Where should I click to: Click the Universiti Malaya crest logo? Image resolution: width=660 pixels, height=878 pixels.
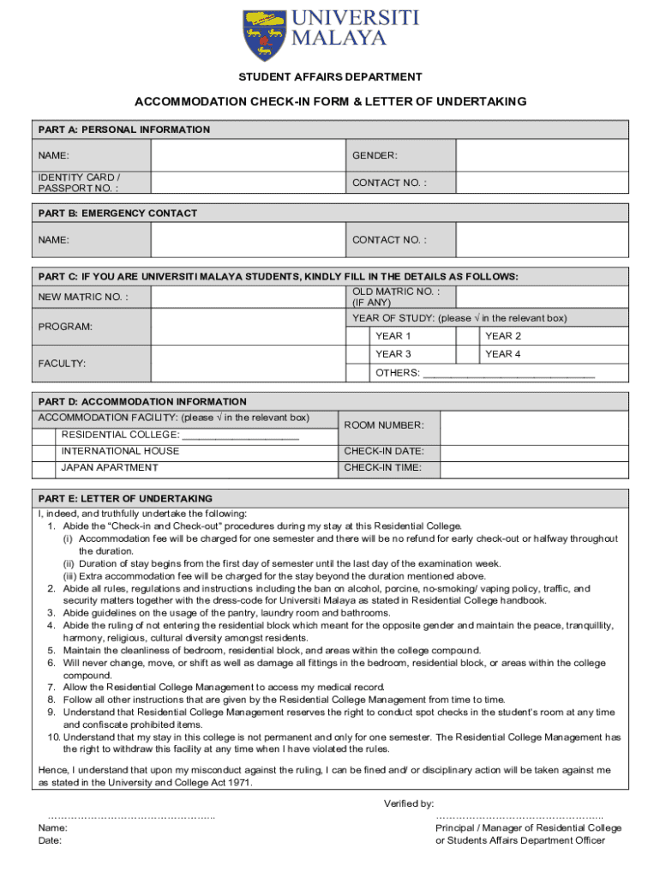pyautogui.click(x=263, y=34)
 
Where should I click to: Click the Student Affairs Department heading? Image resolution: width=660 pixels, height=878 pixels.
pyautogui.click(x=329, y=77)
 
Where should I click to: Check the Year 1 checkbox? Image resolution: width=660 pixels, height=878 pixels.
pyautogui.click(x=357, y=336)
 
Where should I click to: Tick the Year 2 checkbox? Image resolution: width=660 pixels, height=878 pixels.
pyautogui.click(x=467, y=336)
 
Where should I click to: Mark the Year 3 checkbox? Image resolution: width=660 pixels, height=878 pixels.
pyautogui.click(x=357, y=354)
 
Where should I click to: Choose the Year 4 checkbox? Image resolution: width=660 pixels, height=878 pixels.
pyautogui.click(x=467, y=354)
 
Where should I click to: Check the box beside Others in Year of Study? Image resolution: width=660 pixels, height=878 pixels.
pyautogui.click(x=357, y=373)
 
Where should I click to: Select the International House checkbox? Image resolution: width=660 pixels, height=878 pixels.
pyautogui.click(x=44, y=451)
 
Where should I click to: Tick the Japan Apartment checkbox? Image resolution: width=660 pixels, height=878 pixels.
pyautogui.click(x=44, y=468)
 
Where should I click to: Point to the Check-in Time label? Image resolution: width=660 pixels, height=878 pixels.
pyautogui.click(x=382, y=468)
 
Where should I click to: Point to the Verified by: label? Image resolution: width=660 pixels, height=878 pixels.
pyautogui.click(x=410, y=803)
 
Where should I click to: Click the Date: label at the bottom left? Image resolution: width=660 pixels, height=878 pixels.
pyautogui.click(x=50, y=841)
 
